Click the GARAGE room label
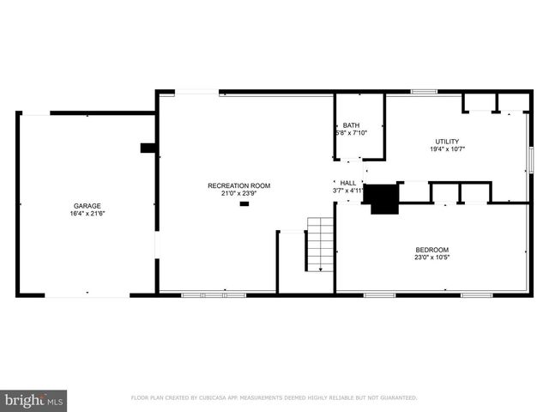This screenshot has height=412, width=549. pos(87,206)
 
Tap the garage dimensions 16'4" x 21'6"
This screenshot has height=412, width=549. pos(87,215)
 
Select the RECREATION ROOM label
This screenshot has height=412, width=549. pos(238,185)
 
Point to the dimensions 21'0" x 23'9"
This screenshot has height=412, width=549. pos(238,194)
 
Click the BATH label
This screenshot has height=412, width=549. pos(352,125)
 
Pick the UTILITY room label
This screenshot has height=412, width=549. pos(447,142)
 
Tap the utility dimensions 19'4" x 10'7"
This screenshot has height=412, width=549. pos(447,150)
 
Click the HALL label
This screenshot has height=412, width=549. pos(347,183)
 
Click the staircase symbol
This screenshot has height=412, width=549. pos(320,245)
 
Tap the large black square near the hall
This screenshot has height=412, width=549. pos(382,198)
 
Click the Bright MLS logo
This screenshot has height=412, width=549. pos(34,399)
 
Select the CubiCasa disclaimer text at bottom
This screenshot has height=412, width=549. pos(274,398)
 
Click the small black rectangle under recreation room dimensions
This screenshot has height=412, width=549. pos(244,204)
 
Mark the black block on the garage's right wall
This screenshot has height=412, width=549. pos(148,148)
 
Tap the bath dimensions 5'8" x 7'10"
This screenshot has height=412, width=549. pos(350,133)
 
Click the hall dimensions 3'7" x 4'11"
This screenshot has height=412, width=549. pos(348,191)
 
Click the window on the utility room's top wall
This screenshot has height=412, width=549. pos(423,91)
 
